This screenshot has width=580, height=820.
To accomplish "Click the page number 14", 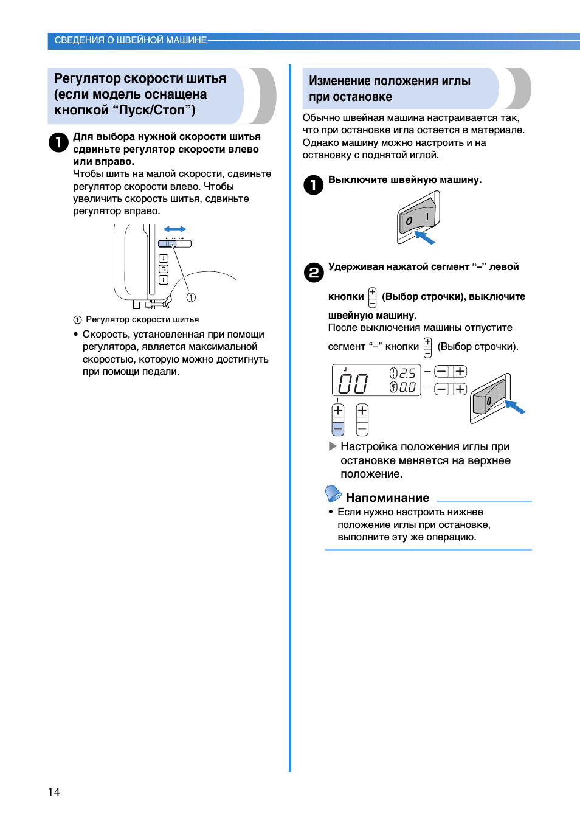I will point(54,791).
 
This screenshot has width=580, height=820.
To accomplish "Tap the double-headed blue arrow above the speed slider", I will point(174,229).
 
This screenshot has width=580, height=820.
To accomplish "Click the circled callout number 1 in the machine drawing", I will point(191,297).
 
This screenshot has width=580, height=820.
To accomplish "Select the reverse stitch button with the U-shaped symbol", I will point(163,269).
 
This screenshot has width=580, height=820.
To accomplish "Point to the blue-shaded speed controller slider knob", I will point(167,244).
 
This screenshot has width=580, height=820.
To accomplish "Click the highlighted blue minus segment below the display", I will point(338,428).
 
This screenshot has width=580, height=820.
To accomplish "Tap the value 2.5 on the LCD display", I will point(407,373).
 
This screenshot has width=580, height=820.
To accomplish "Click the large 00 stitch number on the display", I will point(353,383).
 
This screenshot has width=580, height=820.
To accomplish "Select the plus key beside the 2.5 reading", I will point(460,371).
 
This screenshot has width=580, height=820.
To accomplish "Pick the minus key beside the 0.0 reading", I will point(441,389).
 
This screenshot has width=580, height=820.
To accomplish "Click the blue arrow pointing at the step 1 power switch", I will point(424,237).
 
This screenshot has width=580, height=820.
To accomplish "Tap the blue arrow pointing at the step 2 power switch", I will point(515,406).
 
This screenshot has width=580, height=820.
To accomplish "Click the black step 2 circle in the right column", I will point(314,272).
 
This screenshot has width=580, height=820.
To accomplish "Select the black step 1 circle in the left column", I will point(58,142).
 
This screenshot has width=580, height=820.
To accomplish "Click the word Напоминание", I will point(387,498).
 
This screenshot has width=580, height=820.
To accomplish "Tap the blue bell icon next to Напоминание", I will point(333,493).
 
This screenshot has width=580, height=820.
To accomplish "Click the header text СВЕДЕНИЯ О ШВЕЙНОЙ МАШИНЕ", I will point(131,40).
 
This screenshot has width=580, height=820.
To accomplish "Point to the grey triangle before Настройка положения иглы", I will point(333,446).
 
